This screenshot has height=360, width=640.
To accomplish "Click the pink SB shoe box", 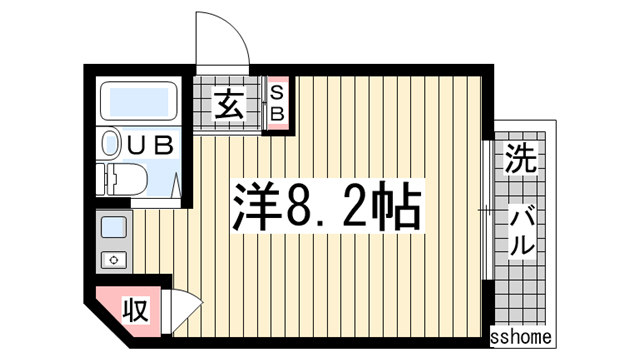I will pos(277,104).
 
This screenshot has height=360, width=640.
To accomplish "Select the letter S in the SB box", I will pos(277,93).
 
